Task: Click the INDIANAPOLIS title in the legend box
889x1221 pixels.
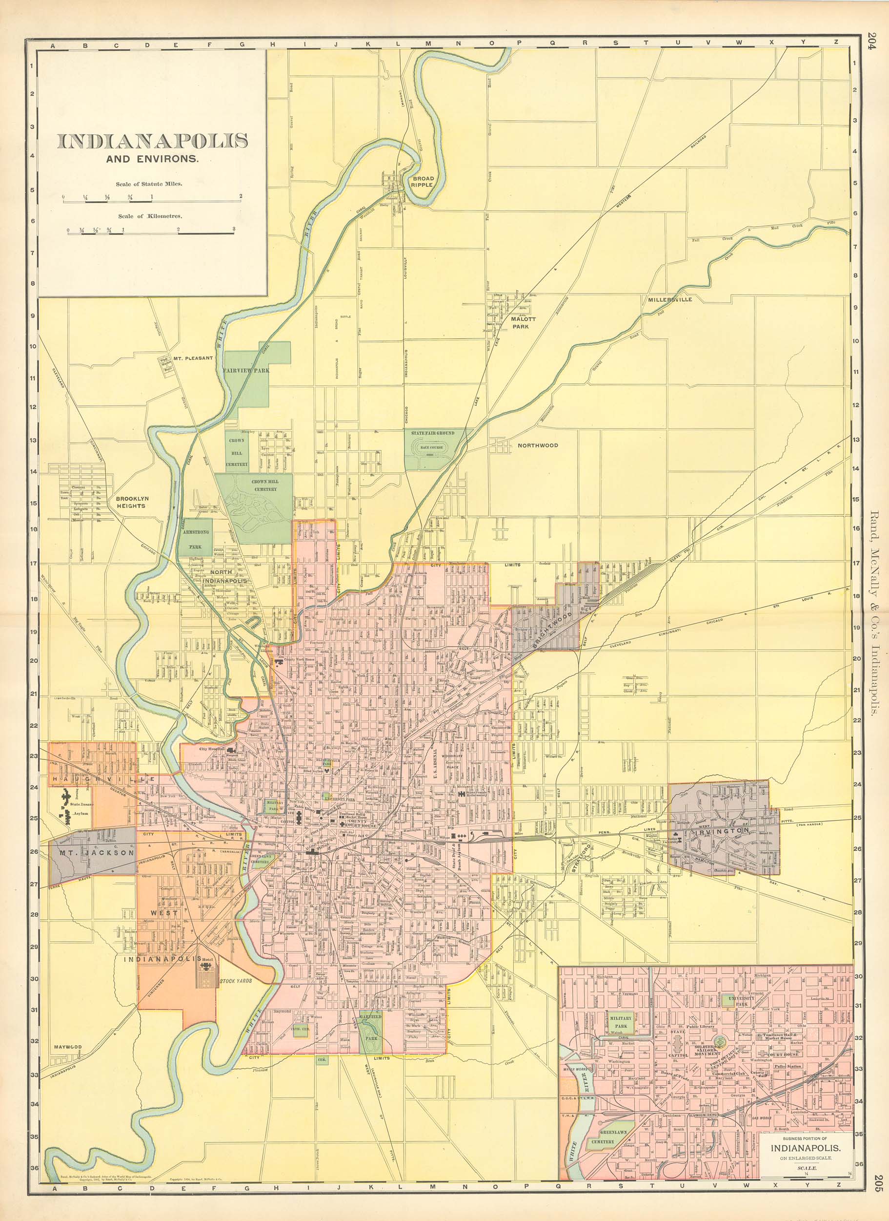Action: [x=152, y=141]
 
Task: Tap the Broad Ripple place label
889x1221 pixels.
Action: [x=422, y=181]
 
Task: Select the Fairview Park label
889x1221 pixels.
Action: [x=246, y=371]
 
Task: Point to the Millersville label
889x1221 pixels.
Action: [x=669, y=299]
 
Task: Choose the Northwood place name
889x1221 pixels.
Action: [x=538, y=445]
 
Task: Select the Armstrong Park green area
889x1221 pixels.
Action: [x=195, y=539]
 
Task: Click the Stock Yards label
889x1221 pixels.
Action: [x=235, y=981]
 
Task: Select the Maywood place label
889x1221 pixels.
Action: [x=68, y=1048]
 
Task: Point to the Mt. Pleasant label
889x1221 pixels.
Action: [x=193, y=358]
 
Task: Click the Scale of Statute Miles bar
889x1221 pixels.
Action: [x=152, y=201]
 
